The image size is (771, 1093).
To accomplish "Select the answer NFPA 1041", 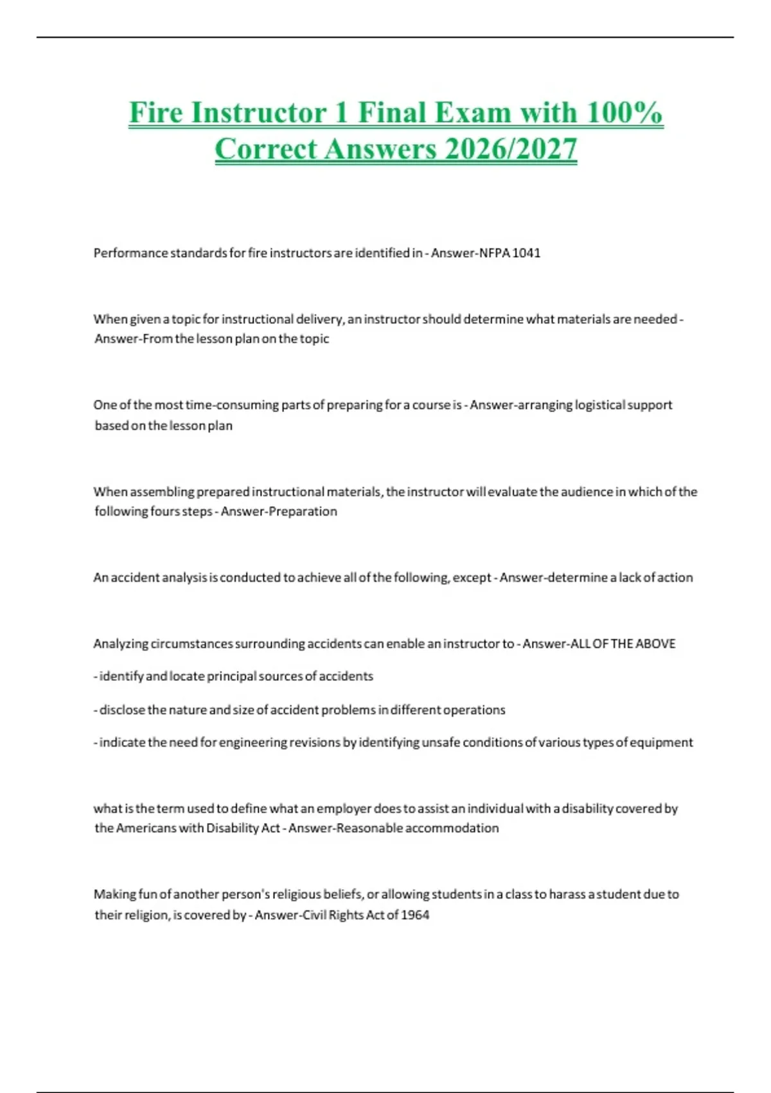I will [510, 253].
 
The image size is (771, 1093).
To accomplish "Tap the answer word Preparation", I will [303, 511].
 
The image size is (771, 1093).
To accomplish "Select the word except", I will [472, 577].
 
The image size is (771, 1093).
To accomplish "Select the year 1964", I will [415, 915].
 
